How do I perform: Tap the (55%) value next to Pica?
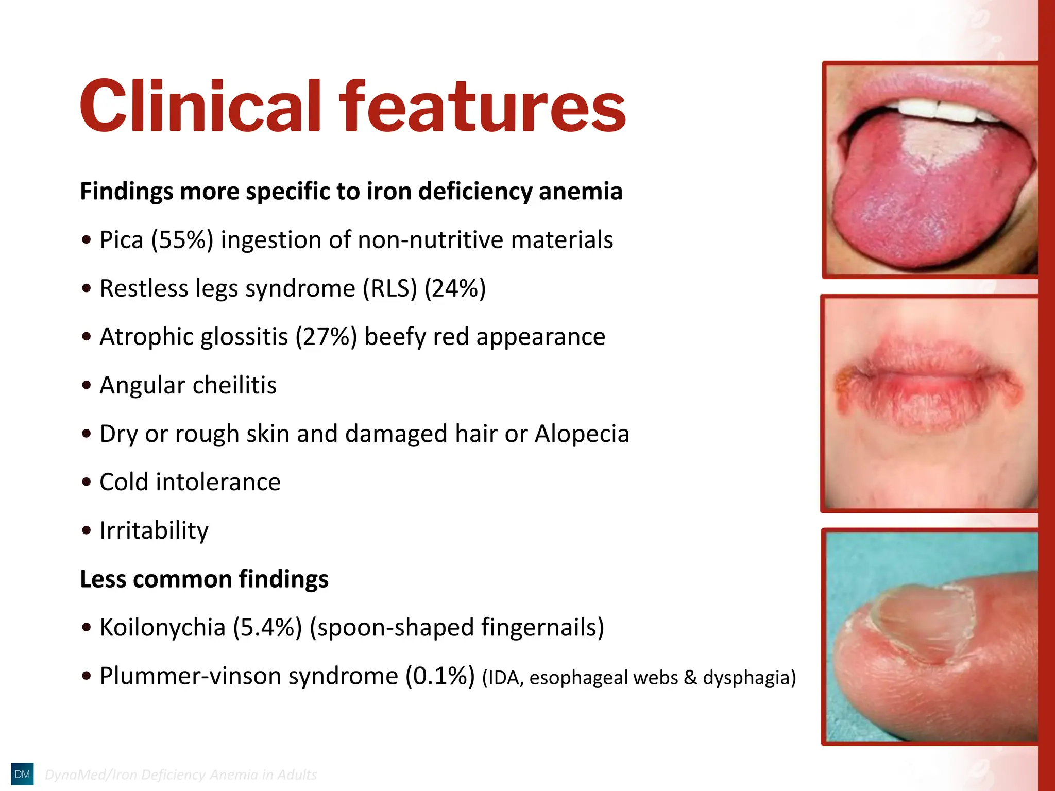[x=182, y=240]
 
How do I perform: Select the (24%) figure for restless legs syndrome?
[x=455, y=288]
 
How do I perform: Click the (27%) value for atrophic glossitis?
[x=326, y=337]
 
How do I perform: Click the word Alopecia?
[x=582, y=434]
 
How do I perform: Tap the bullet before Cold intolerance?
[x=87, y=483]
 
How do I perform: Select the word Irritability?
[x=154, y=531]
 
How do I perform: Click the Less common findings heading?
[x=204, y=579]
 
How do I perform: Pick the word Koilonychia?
[x=162, y=628]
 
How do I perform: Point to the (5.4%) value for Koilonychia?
[x=267, y=628]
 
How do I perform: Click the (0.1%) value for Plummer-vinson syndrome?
[x=440, y=676]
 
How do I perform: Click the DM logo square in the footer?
[x=22, y=774]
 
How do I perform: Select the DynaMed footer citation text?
[x=180, y=775]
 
